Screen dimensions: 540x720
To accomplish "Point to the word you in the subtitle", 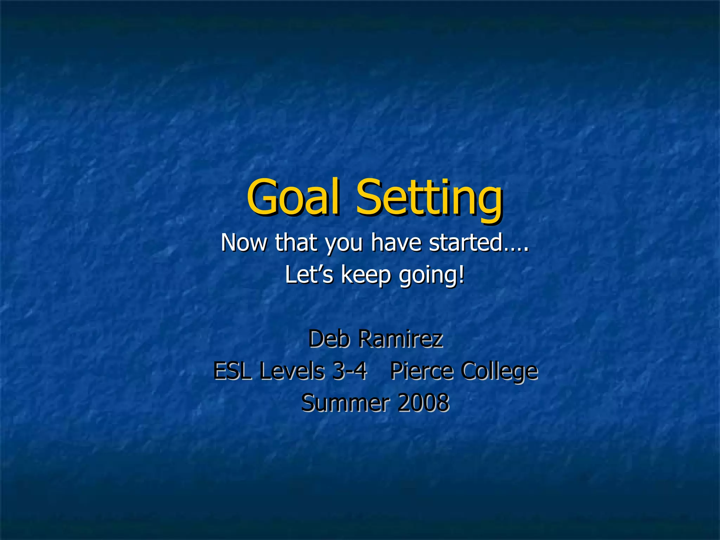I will pos(343,244).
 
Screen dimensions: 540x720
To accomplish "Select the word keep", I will pos(366,276).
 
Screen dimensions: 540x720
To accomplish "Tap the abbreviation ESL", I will pos(232,371).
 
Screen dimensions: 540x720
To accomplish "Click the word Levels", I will pos(292,371).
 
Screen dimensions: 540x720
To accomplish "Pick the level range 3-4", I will pos(349,371).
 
